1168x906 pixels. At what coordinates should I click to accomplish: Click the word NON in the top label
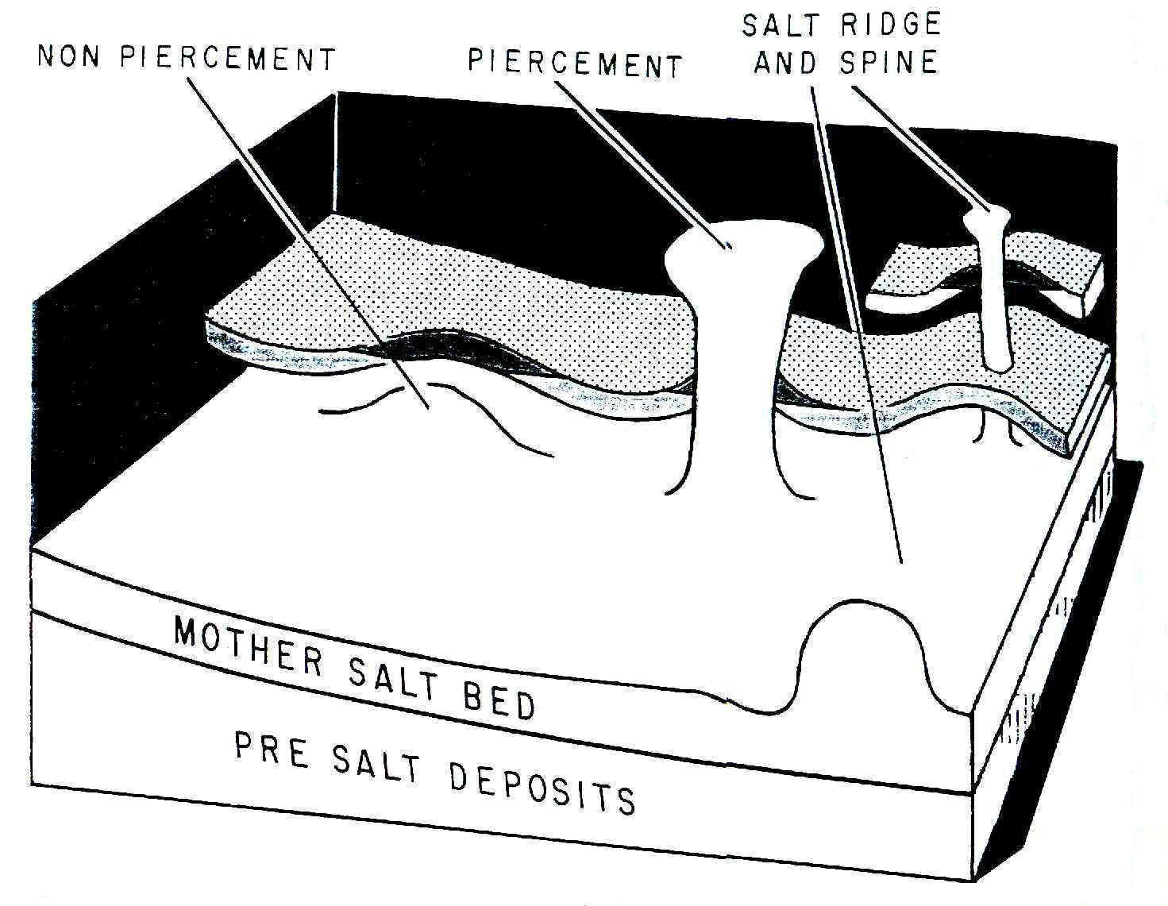coord(69,56)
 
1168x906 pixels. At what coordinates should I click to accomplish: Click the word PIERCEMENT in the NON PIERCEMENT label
coord(228,58)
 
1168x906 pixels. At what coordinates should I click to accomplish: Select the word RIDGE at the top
coord(890,24)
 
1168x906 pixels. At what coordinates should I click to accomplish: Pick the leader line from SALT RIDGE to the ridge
coord(856,324)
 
